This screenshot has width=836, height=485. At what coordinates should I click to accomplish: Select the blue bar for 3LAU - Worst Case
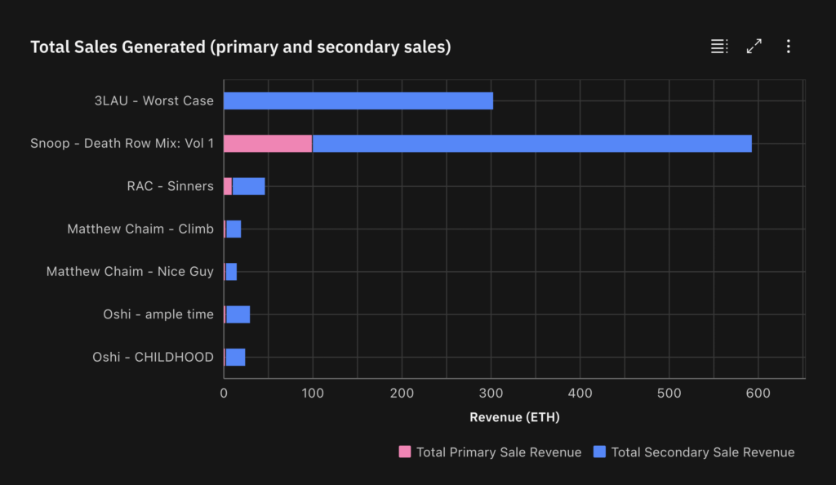pyautogui.click(x=358, y=100)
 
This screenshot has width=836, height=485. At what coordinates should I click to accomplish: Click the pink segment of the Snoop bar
pyautogui.click(x=268, y=144)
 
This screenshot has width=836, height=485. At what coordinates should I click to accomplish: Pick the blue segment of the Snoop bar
pyautogui.click(x=531, y=144)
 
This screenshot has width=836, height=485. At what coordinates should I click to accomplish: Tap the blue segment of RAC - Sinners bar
pyautogui.click(x=248, y=186)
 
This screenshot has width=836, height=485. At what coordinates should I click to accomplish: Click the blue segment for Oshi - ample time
pyautogui.click(x=238, y=314)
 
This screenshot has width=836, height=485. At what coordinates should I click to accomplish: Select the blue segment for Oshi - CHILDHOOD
pyautogui.click(x=235, y=357)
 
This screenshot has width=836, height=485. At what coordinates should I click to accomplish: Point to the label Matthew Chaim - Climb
pyautogui.click(x=140, y=229)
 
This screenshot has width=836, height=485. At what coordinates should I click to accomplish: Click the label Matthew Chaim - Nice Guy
pyautogui.click(x=130, y=271)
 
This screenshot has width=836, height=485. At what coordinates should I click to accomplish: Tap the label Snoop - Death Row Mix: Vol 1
pyautogui.click(x=122, y=144)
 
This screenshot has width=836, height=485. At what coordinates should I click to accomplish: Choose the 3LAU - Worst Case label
pyautogui.click(x=153, y=100)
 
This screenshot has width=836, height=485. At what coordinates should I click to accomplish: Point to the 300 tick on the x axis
pyautogui.click(x=491, y=394)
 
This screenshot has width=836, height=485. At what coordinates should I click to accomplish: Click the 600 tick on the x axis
pyautogui.click(x=758, y=394)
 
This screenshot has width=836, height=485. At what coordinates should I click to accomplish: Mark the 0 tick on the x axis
pyautogui.click(x=224, y=394)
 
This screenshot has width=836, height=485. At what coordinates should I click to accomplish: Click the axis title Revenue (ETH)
pyautogui.click(x=514, y=417)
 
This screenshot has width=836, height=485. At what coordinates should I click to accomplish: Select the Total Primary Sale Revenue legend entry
pyautogui.click(x=490, y=452)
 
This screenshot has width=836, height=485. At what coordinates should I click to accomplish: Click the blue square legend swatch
pyautogui.click(x=600, y=452)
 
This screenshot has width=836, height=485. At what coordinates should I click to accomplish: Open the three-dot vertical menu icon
pyautogui.click(x=788, y=47)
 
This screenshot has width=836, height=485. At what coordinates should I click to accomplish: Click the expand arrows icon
pyautogui.click(x=754, y=47)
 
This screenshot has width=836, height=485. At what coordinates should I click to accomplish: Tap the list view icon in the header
pyautogui.click(x=718, y=47)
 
